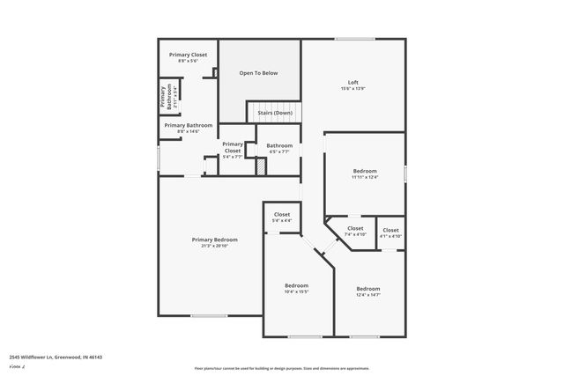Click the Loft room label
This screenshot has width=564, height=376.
tap(353, 82)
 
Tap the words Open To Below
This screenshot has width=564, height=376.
tap(258, 73)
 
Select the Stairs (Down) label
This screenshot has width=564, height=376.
tap(274, 113)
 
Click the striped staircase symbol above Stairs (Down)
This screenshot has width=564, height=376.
tap(274, 104)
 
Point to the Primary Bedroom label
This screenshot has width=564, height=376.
tap(215, 240)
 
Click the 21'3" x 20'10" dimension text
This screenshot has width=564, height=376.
tap(215, 246)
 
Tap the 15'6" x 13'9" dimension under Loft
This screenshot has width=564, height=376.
tap(353, 89)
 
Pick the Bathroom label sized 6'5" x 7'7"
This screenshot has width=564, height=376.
tap(279, 145)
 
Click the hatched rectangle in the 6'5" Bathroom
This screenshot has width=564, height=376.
tap(261, 166)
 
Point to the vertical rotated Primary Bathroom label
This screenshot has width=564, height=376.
tap(164, 98)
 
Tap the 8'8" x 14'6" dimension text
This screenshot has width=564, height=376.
tap(189, 132)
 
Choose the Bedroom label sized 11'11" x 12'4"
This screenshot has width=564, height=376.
tap(365, 171)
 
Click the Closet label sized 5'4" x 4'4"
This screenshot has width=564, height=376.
tap(282, 214)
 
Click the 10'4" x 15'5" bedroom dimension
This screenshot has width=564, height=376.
tap(296, 292)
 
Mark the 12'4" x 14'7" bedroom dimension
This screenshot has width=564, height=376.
tap(368, 295)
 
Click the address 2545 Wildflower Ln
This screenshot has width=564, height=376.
tap(56, 358)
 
